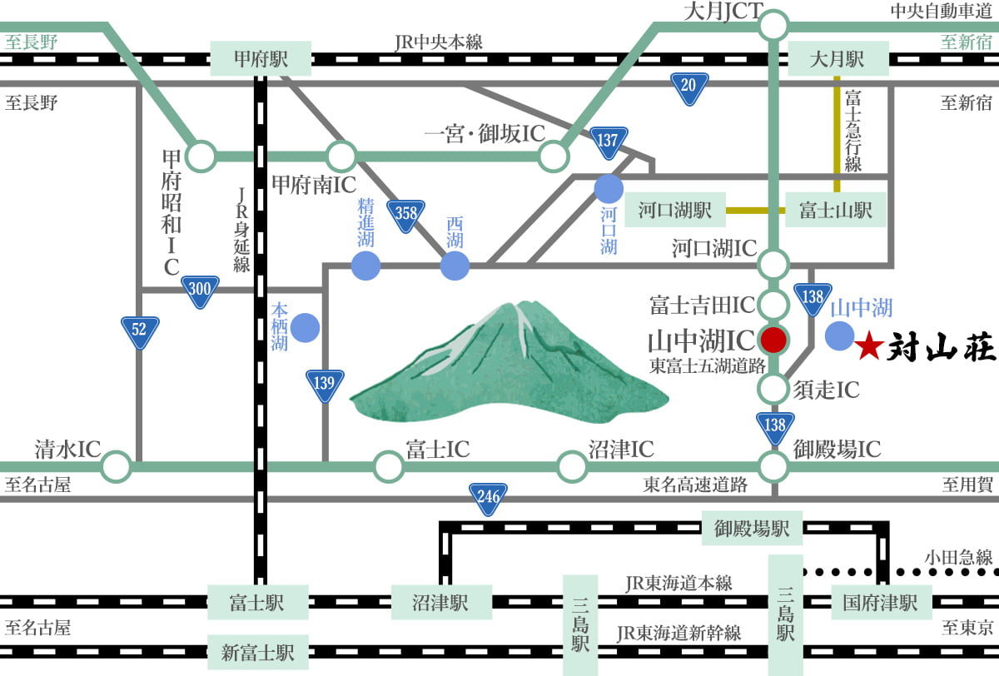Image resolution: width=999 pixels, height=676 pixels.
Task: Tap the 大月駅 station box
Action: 837,59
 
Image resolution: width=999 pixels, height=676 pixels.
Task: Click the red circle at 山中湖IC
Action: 773,339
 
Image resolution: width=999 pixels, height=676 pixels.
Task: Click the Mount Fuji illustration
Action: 508,366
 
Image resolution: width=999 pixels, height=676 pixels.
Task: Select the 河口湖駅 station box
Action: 675,211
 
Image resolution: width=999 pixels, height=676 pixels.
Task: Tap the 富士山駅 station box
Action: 836,211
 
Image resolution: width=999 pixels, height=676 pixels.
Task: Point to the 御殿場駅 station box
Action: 752,527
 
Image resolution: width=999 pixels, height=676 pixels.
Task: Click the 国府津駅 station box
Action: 880,601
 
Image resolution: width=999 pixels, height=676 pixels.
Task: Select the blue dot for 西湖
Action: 455,266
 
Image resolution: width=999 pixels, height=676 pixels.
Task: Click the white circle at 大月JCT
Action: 774,25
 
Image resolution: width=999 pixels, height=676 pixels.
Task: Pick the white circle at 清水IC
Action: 117,467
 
